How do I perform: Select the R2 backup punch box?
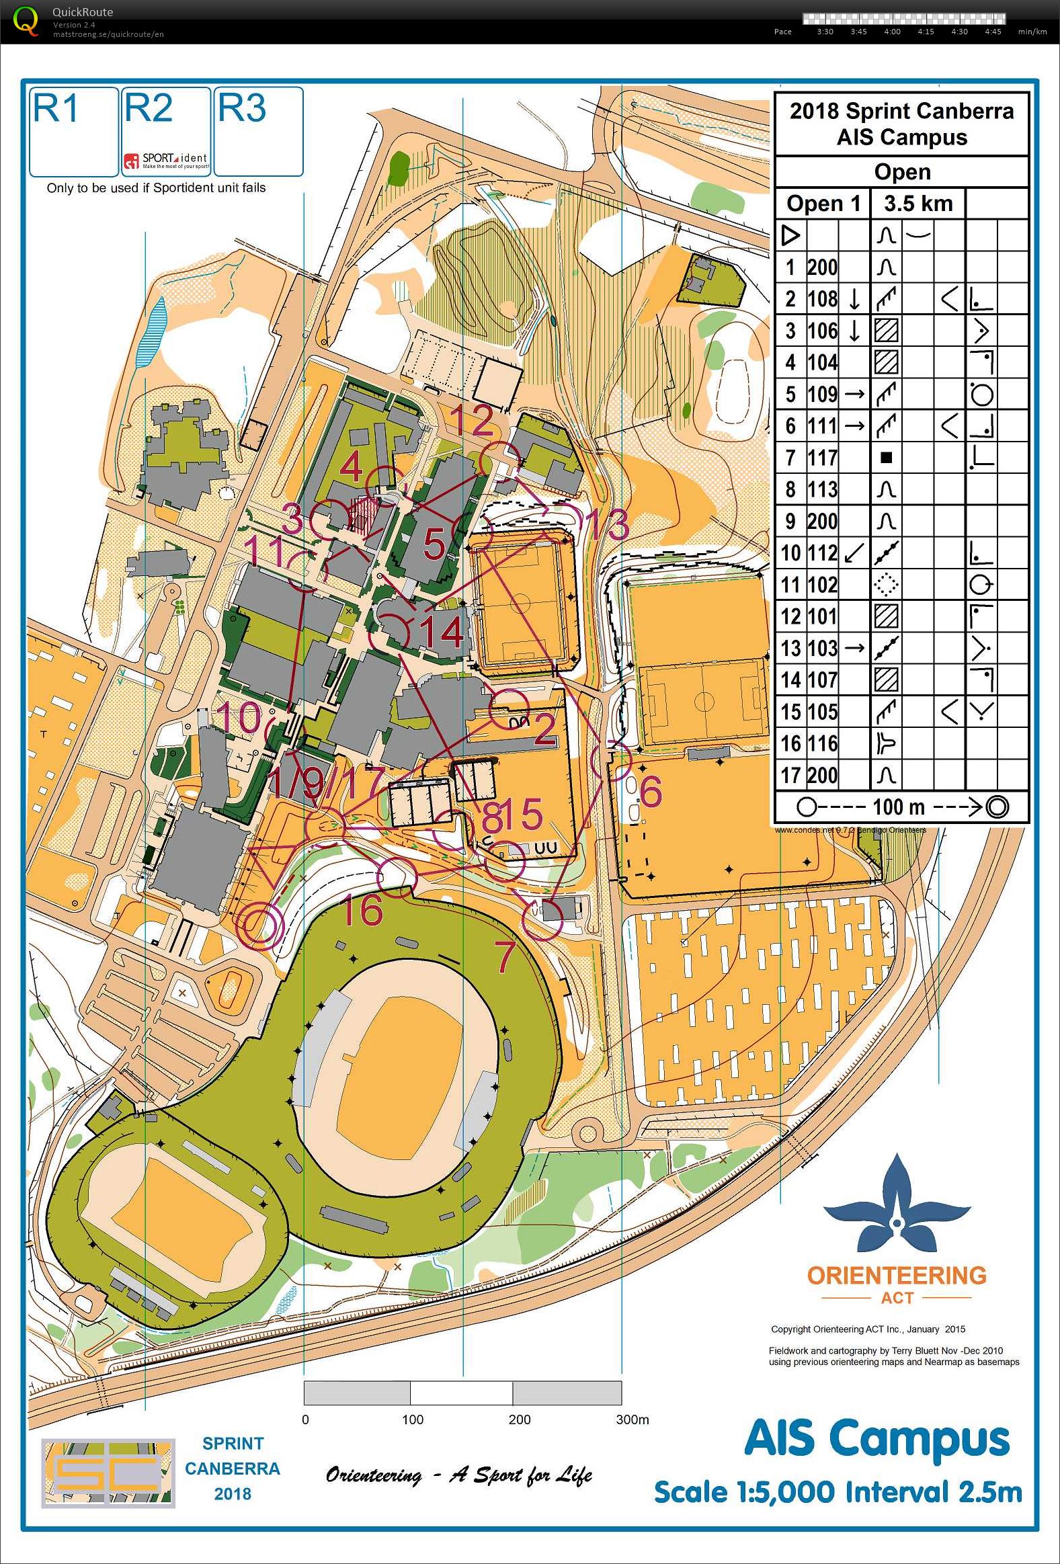(x=166, y=132)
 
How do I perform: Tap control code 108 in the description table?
(x=822, y=299)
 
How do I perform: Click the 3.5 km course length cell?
(x=918, y=203)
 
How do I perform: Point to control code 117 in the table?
(x=822, y=458)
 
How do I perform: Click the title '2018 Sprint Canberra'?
(x=901, y=111)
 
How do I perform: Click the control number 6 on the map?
(x=650, y=792)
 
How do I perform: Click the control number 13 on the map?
(x=608, y=526)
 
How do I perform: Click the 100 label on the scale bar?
(x=412, y=1419)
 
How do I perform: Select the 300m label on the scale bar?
(x=633, y=1419)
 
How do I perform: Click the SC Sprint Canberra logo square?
(x=108, y=1474)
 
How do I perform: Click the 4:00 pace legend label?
(x=892, y=32)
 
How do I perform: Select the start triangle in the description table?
(x=791, y=235)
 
